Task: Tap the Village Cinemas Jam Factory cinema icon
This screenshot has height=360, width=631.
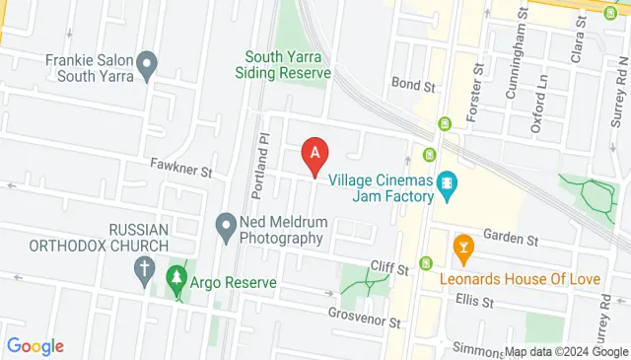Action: [x=448, y=182]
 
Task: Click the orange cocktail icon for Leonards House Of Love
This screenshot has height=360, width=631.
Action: [x=459, y=245]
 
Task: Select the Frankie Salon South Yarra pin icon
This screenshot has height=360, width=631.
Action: [x=147, y=67]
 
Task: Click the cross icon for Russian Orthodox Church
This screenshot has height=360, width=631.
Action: [x=144, y=268]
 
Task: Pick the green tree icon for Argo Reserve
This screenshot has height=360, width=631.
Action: [x=177, y=278]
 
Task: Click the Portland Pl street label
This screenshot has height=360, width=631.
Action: [x=261, y=165]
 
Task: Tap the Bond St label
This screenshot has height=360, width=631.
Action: [x=412, y=86]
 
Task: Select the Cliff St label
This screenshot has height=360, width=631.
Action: [x=389, y=266]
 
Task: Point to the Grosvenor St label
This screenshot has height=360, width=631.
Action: [x=366, y=322]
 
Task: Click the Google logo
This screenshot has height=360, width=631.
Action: [x=35, y=346]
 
